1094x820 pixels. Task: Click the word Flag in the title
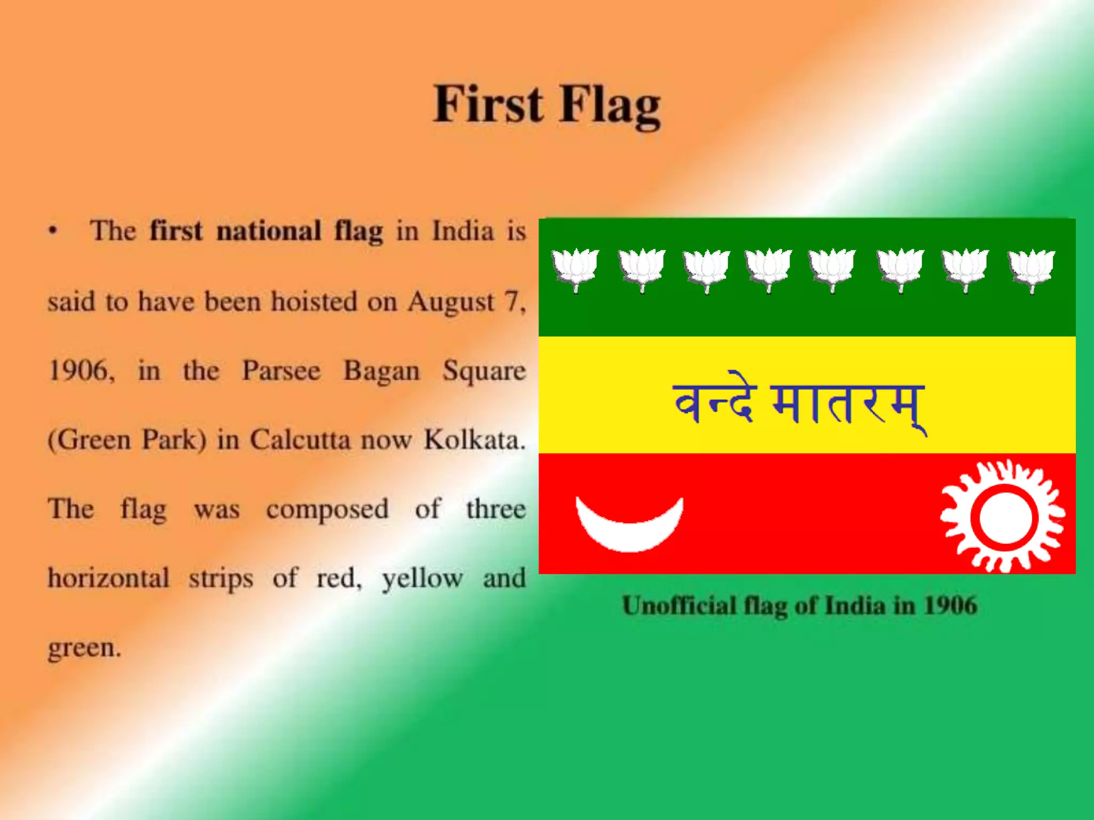coord(611,105)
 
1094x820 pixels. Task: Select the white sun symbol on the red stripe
coord(1003,516)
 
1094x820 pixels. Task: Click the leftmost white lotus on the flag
coord(575,268)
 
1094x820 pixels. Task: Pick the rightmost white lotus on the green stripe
coord(1032,269)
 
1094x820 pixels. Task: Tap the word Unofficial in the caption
coord(679,606)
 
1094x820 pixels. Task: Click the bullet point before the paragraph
coord(52,231)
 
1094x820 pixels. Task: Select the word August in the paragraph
coord(451,302)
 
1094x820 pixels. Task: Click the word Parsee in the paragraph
coord(281,370)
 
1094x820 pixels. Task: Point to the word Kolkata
coord(474,440)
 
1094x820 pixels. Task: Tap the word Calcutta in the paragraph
coord(300,440)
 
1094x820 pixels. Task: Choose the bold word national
coord(269,231)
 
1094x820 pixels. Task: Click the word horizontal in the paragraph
coord(109,578)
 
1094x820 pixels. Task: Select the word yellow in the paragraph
coord(422,579)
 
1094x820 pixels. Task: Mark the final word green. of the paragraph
coord(84,648)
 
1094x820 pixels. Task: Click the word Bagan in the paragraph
coord(381,370)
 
